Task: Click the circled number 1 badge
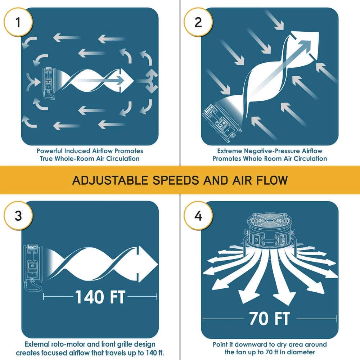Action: tap(18, 22)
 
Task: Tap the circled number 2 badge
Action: tap(198, 22)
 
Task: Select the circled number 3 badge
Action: tap(18, 215)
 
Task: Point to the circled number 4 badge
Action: tap(198, 215)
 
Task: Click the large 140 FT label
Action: tap(100, 297)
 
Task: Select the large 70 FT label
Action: tap(270, 319)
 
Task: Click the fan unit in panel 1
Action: tap(48, 83)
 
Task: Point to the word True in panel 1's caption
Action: tap(46, 159)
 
